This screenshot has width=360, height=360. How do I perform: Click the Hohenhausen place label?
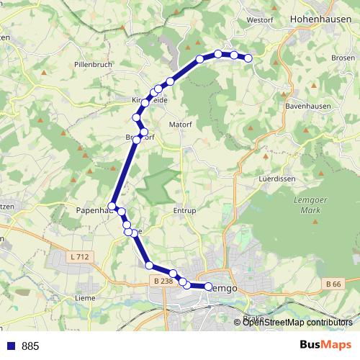point(320,21)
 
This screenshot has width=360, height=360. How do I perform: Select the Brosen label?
point(343,57)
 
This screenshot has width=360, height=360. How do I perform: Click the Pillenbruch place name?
point(91,64)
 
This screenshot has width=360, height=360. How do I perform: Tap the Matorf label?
point(180,124)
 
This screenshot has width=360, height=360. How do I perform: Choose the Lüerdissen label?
point(274,176)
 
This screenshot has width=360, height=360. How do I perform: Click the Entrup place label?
point(185,212)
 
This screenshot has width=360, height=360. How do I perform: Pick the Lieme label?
point(85,297)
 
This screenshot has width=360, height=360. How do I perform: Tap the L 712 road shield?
point(81,257)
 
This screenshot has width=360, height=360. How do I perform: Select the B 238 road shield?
point(162,281)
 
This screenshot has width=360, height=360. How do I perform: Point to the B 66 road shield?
point(333,284)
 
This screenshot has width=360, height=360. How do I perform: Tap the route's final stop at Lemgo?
point(209,287)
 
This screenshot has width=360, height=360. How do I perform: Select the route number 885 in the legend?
point(30,346)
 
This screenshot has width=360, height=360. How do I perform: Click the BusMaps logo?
point(325,346)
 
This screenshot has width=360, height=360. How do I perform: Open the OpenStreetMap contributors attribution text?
point(297,323)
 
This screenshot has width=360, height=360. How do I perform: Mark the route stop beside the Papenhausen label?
point(112,207)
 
